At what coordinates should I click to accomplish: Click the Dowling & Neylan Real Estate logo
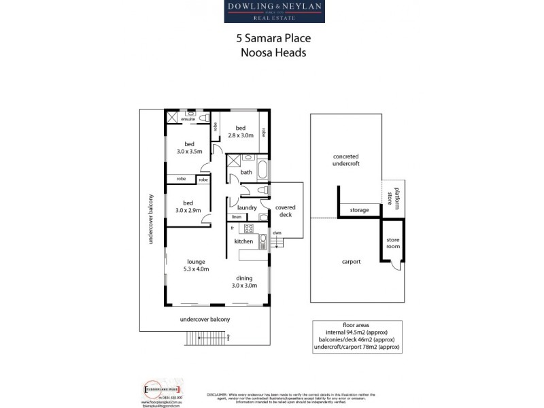275,12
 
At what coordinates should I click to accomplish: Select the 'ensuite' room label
188,119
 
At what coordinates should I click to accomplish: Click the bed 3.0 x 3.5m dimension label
189,147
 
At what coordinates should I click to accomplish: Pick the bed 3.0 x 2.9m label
188,207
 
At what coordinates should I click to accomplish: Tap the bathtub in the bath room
263,171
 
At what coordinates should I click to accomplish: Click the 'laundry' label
246,207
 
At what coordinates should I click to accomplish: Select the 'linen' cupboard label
235,217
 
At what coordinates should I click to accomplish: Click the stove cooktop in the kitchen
248,228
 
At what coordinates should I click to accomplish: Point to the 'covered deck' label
285,210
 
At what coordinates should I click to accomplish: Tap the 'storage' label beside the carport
359,210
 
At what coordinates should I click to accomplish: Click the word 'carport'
351,261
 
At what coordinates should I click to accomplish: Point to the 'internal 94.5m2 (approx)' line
357,331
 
